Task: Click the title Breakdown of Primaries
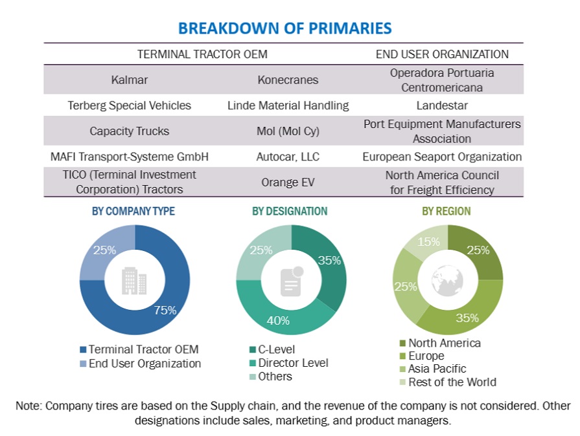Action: pyautogui.click(x=284, y=28)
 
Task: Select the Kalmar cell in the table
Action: pyautogui.click(x=130, y=80)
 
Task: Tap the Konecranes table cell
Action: pyautogui.click(x=288, y=80)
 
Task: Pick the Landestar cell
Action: pyautogui.click(x=443, y=105)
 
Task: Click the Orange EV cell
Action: pyautogui.click(x=288, y=182)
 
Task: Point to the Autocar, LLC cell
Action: pyautogui.click(x=288, y=157)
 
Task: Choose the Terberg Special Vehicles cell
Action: pyautogui.click(x=130, y=105)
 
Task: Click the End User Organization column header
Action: pyautogui.click(x=443, y=54)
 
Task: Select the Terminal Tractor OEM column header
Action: pyautogui.click(x=202, y=54)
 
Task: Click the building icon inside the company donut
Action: pyautogui.click(x=134, y=281)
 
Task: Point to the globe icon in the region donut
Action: pyautogui.click(x=448, y=280)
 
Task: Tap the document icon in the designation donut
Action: pyautogui.click(x=291, y=281)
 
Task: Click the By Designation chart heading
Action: pyautogui.click(x=290, y=212)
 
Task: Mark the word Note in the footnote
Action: pyautogui.click(x=28, y=406)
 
